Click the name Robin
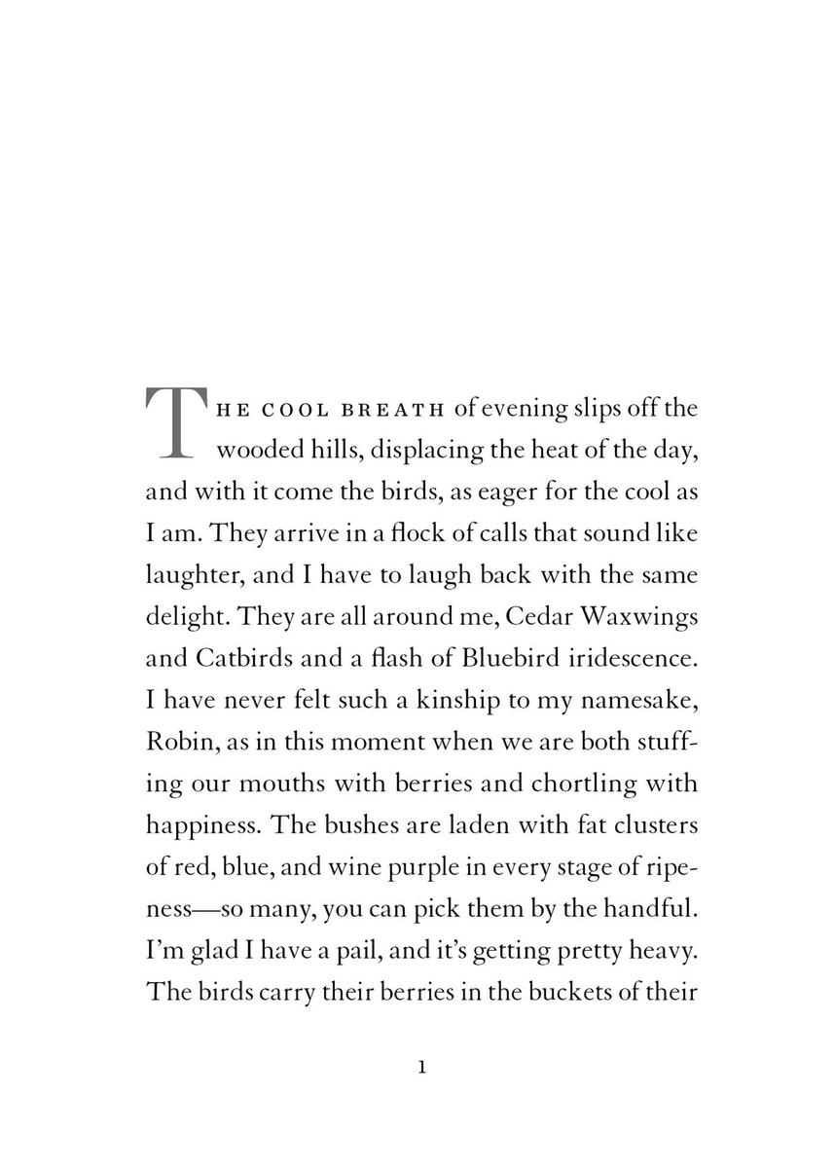pyautogui.click(x=176, y=743)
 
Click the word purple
pyautogui.click(x=443, y=869)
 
